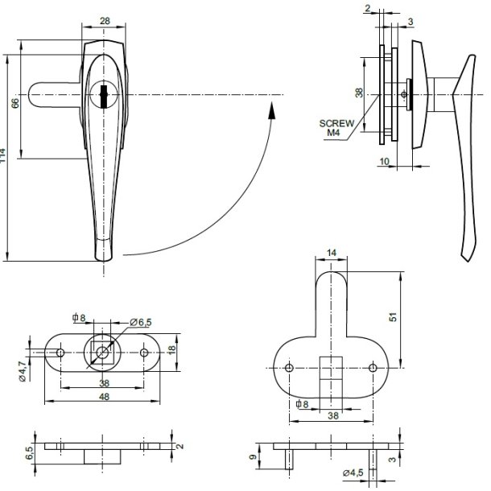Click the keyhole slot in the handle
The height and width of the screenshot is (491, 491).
coord(104,95)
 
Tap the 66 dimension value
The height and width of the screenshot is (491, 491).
coord(14,105)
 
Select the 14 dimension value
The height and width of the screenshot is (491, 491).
coord(332,254)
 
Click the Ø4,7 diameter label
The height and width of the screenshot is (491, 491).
coord(23,371)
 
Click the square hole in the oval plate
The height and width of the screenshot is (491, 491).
coord(100,352)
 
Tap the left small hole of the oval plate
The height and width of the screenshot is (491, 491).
coord(60,352)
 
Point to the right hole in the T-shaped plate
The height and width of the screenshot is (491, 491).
coord(372,367)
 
